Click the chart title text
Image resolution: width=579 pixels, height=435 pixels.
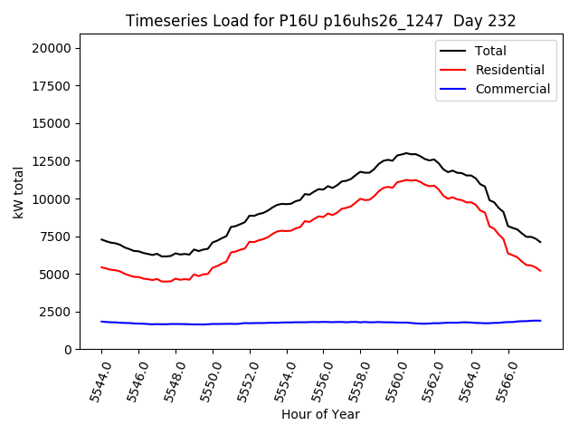coord(314,21)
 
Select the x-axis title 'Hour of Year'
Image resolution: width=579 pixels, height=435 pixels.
coord(320,414)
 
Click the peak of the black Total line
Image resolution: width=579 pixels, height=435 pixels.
coord(406,153)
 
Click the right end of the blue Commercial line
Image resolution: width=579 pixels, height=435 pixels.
coord(541,320)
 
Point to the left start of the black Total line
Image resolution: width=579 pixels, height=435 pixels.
coord(101,239)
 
